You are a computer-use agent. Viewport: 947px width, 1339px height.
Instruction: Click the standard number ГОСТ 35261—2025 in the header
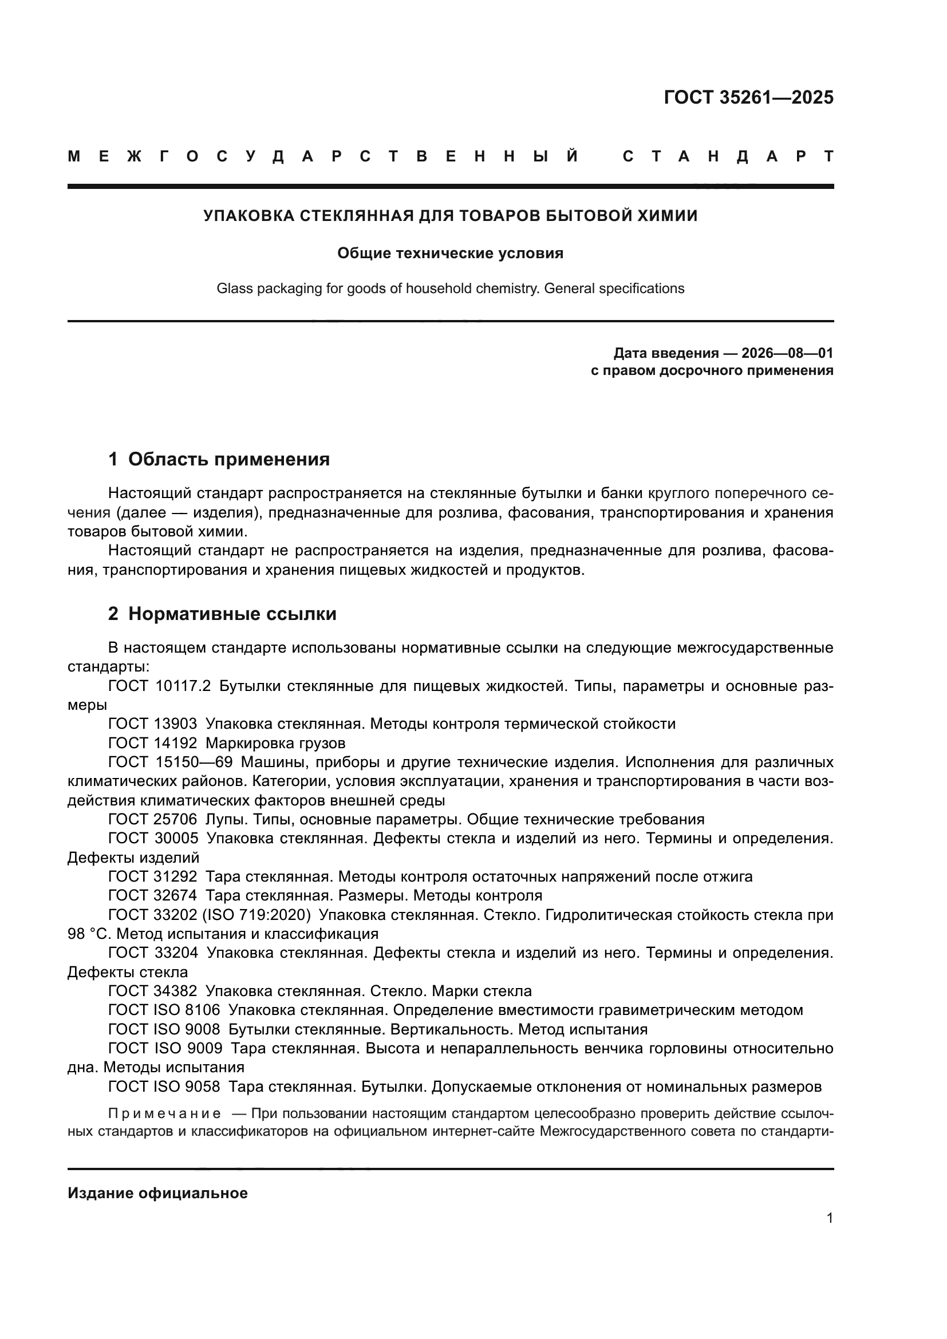pos(748,97)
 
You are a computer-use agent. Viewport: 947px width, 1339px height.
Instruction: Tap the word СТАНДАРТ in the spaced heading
pos(728,157)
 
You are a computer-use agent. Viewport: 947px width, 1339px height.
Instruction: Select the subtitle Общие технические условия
pos(450,253)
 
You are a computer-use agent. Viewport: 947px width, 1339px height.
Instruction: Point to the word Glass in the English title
pos(232,289)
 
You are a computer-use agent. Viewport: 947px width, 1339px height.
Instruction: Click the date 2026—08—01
pos(787,353)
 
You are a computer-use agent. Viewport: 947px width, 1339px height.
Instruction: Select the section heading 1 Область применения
pos(219,459)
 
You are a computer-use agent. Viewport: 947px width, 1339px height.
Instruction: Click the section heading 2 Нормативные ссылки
pos(222,614)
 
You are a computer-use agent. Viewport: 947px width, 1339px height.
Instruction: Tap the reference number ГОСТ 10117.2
pos(159,686)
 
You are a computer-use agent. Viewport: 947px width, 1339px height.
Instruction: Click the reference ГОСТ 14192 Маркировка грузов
pos(227,743)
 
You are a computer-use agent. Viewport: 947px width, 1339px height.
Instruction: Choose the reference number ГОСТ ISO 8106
pos(164,1010)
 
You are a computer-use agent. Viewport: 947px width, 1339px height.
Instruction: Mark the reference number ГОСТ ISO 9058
pos(164,1087)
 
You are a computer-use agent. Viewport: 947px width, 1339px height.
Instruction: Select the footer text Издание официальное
pos(157,1193)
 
